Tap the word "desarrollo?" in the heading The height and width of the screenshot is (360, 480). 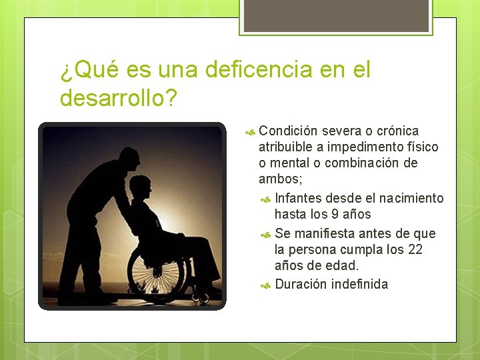[x=118, y=97]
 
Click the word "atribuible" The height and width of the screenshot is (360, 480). [x=287, y=147]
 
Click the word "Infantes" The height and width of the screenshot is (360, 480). [x=298, y=198]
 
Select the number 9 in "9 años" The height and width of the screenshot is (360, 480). [x=335, y=214]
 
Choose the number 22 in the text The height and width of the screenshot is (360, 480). [x=415, y=249]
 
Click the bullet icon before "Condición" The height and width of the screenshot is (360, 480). [x=251, y=131]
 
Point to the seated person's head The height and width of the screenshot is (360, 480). [x=141, y=187]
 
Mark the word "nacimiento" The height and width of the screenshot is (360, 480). [x=410, y=198]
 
